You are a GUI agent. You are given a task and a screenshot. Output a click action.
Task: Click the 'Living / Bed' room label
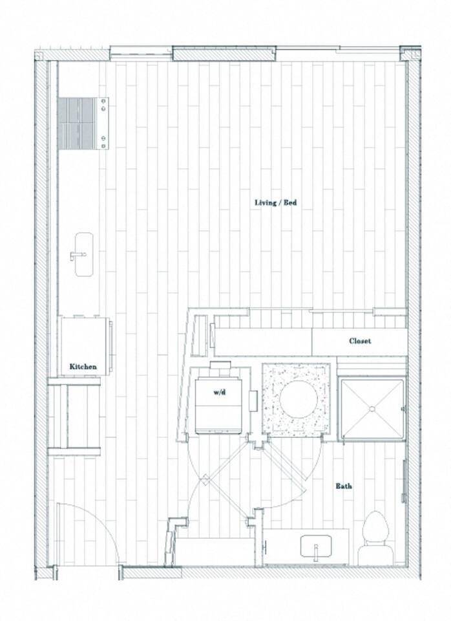tap(275, 202)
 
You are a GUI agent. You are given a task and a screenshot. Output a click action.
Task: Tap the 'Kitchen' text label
tap(83, 367)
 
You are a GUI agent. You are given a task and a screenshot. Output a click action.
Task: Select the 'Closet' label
tap(360, 341)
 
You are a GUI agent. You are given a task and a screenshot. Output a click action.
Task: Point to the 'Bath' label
tap(343, 485)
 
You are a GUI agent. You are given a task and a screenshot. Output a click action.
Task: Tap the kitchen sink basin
tap(83, 254)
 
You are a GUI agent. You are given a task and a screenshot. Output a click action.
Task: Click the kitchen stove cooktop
tap(83, 123)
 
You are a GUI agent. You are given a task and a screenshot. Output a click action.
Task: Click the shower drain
tap(372, 409)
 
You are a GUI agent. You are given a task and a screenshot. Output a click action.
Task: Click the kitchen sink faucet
tap(78, 255)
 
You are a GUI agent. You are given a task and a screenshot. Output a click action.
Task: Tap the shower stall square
tap(372, 409)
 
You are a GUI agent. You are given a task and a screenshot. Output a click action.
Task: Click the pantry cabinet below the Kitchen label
tap(74, 417)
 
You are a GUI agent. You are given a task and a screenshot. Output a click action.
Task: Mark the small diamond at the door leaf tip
tap(205, 479)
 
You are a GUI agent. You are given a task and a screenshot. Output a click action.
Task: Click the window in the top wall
tap(224, 53)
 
